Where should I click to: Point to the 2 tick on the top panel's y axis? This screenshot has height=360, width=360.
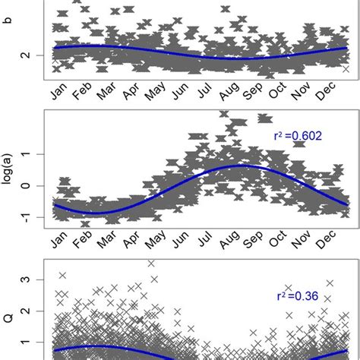click(x=29, y=55)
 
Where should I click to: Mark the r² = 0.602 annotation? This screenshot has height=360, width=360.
click(x=298, y=137)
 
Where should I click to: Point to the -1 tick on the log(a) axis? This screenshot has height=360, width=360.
click(x=29, y=217)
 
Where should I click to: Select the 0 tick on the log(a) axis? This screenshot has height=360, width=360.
click(x=29, y=185)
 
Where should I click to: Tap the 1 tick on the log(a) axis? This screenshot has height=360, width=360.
click(x=29, y=154)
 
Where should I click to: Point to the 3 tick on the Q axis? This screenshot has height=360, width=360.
click(x=29, y=279)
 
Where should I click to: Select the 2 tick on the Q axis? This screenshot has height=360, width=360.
click(x=29, y=311)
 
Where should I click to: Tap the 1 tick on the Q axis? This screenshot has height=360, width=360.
click(x=29, y=343)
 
